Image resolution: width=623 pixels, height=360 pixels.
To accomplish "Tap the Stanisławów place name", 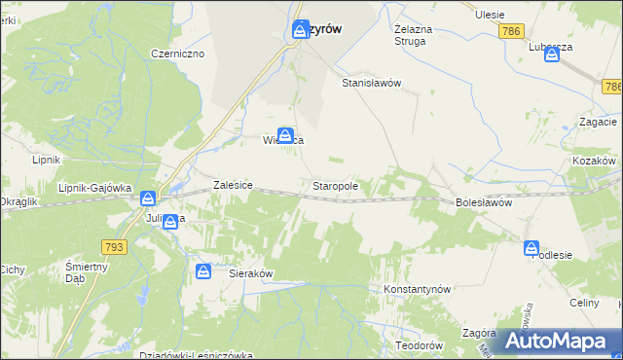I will pos(371,84).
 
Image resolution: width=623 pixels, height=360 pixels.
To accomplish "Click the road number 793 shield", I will pos(114,247).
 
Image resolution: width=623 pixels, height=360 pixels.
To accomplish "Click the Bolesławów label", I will pos(484,203).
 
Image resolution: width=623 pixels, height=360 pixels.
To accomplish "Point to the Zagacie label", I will pos(598,122).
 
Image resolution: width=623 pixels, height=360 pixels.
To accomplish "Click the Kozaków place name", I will pos(596,159).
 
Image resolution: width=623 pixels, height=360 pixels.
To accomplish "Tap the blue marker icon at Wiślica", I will pos(285,134).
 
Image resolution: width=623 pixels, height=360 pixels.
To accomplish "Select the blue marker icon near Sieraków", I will pos(203,271).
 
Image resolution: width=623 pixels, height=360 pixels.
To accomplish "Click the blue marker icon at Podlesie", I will pos(532,248).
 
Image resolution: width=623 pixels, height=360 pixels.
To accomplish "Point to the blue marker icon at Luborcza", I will pos(553,54).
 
